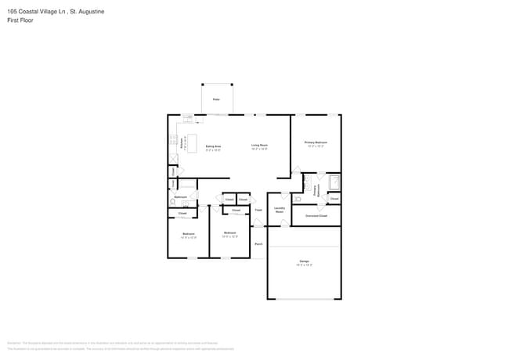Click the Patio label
216,100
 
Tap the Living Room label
259,146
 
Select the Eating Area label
213,148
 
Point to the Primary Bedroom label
316,143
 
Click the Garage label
304,263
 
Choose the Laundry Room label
279,210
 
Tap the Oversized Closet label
316,214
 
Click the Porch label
258,244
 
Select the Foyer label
258,209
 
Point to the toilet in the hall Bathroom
173,201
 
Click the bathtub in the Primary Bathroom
334,183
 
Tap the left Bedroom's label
189,235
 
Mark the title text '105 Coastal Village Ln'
36,12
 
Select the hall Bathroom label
180,196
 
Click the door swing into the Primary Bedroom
296,170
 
